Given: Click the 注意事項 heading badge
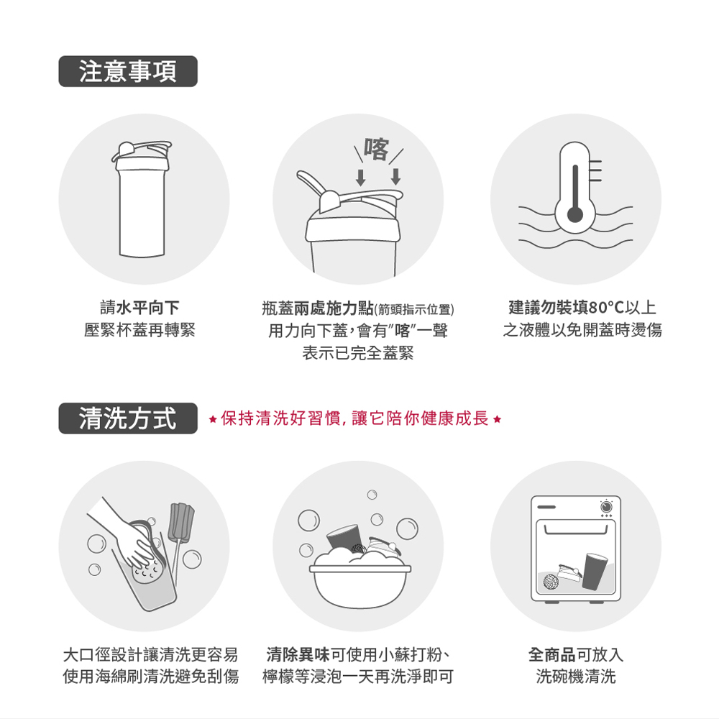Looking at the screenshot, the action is click(x=128, y=71).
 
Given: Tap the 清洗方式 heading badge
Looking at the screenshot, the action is click(x=128, y=418).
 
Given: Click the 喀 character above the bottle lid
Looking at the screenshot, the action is click(x=377, y=149).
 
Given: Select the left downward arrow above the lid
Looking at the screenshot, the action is click(x=361, y=178).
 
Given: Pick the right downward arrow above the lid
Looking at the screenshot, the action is click(x=395, y=177).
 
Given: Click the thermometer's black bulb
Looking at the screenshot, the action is click(x=575, y=214).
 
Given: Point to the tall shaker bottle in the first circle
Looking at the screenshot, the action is click(x=142, y=199).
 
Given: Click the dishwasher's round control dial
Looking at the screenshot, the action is click(x=606, y=507).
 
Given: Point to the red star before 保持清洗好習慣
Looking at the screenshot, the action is click(x=212, y=419).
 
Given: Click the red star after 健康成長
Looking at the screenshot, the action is click(x=498, y=419).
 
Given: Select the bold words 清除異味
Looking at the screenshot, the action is click(x=298, y=654).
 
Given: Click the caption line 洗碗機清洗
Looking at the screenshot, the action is click(x=576, y=677).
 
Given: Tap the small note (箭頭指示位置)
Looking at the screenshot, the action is click(x=414, y=310).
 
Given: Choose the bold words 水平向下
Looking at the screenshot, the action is click(x=147, y=307).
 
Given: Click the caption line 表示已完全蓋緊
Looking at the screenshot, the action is click(x=358, y=352).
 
